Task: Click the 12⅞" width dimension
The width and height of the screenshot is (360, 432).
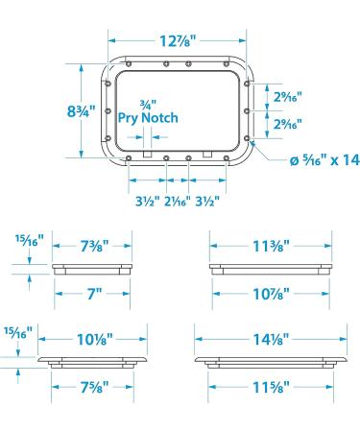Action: (178, 41)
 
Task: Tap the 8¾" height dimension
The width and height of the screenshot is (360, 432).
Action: (82, 111)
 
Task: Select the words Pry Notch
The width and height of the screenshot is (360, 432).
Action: (148, 118)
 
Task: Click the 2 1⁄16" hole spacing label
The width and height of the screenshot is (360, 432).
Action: (178, 202)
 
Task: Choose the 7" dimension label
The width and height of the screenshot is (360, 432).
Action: (94, 294)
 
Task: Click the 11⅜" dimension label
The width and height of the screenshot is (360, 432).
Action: (271, 246)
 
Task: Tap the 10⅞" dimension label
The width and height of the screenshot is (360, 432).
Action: (271, 294)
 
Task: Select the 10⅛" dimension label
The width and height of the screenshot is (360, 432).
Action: (95, 339)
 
